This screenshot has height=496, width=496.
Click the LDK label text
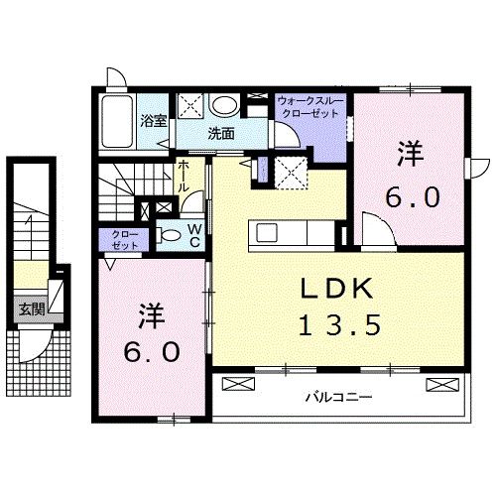[336, 289]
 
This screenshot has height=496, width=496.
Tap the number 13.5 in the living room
[336, 324]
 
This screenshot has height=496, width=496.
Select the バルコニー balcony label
[337, 398]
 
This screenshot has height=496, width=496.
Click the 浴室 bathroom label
[153, 123]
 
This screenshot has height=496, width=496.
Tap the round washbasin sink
[225, 104]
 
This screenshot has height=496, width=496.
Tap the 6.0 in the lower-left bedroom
[152, 352]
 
